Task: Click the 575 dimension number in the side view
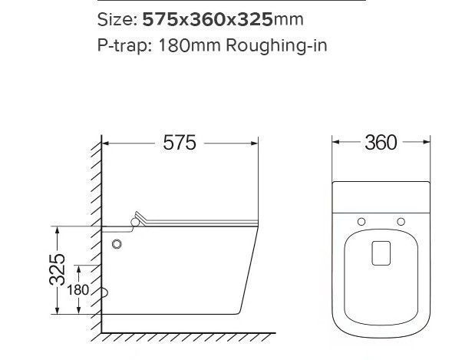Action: pos(180,143)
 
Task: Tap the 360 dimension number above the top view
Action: pos(381,143)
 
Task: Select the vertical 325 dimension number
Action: pos(58,269)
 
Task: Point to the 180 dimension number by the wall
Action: pos(78,290)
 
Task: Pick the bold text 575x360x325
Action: pos(207,20)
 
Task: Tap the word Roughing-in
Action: pos(276,46)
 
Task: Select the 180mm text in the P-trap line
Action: pos(190,45)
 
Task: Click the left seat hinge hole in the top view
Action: pos(361,222)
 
